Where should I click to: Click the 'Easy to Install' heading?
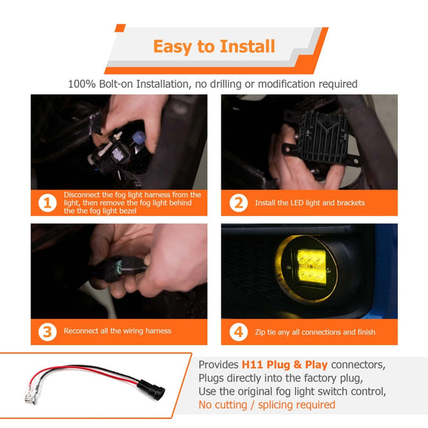click(214, 46)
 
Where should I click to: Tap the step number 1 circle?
click(48, 202)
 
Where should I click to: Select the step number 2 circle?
click(238, 202)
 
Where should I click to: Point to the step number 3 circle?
click(48, 331)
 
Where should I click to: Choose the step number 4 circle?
click(238, 331)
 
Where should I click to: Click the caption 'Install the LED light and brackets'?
click(309, 203)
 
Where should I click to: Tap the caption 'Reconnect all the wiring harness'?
click(117, 331)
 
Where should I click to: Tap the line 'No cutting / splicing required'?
click(266, 405)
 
